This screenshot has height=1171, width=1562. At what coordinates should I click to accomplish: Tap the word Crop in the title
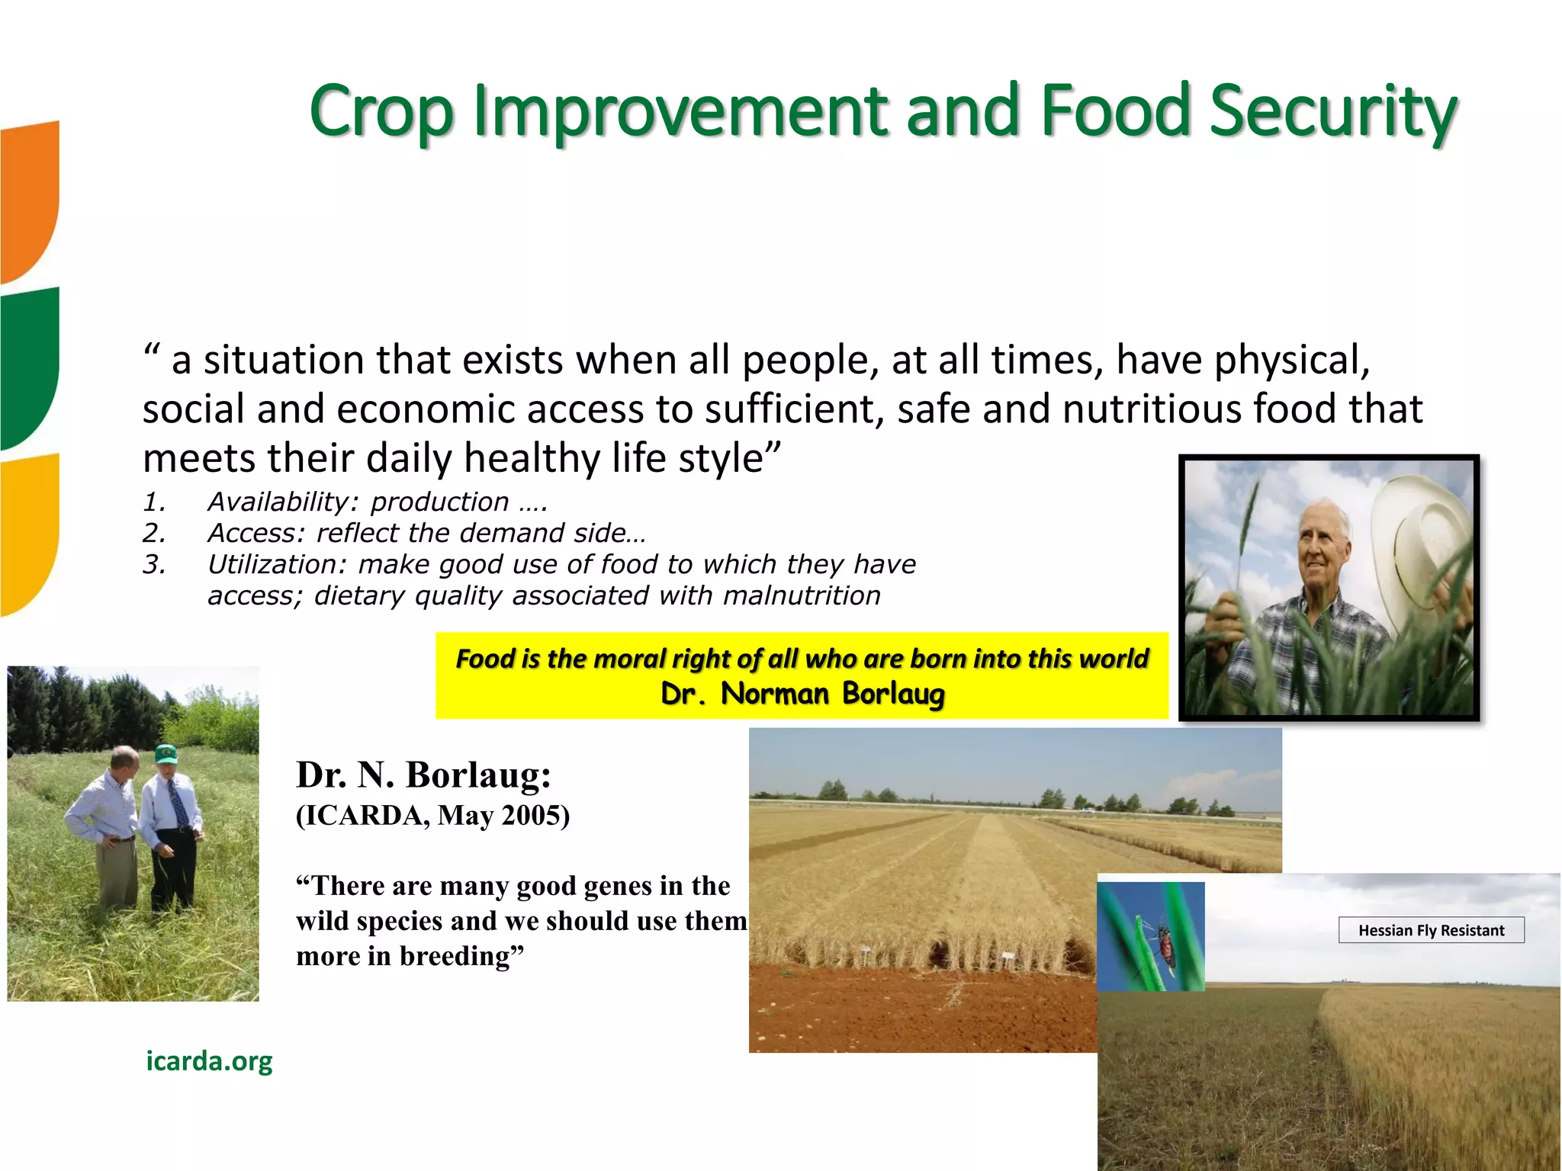tap(381, 113)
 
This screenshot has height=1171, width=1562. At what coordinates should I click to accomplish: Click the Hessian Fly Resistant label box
tap(1431, 930)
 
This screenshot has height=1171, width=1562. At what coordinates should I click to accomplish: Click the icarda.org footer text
tap(209, 1060)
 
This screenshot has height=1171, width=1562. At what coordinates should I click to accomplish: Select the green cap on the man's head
tap(166, 754)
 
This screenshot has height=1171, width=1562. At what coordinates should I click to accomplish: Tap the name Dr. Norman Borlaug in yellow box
tap(802, 694)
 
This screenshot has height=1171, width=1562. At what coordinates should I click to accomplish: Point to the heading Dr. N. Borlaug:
tap(423, 775)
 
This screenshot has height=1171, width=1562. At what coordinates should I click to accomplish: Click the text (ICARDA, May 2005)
tap(432, 815)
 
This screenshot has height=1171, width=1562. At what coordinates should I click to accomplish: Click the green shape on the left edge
tap(29, 366)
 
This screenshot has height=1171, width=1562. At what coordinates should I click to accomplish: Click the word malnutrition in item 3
tap(802, 595)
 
